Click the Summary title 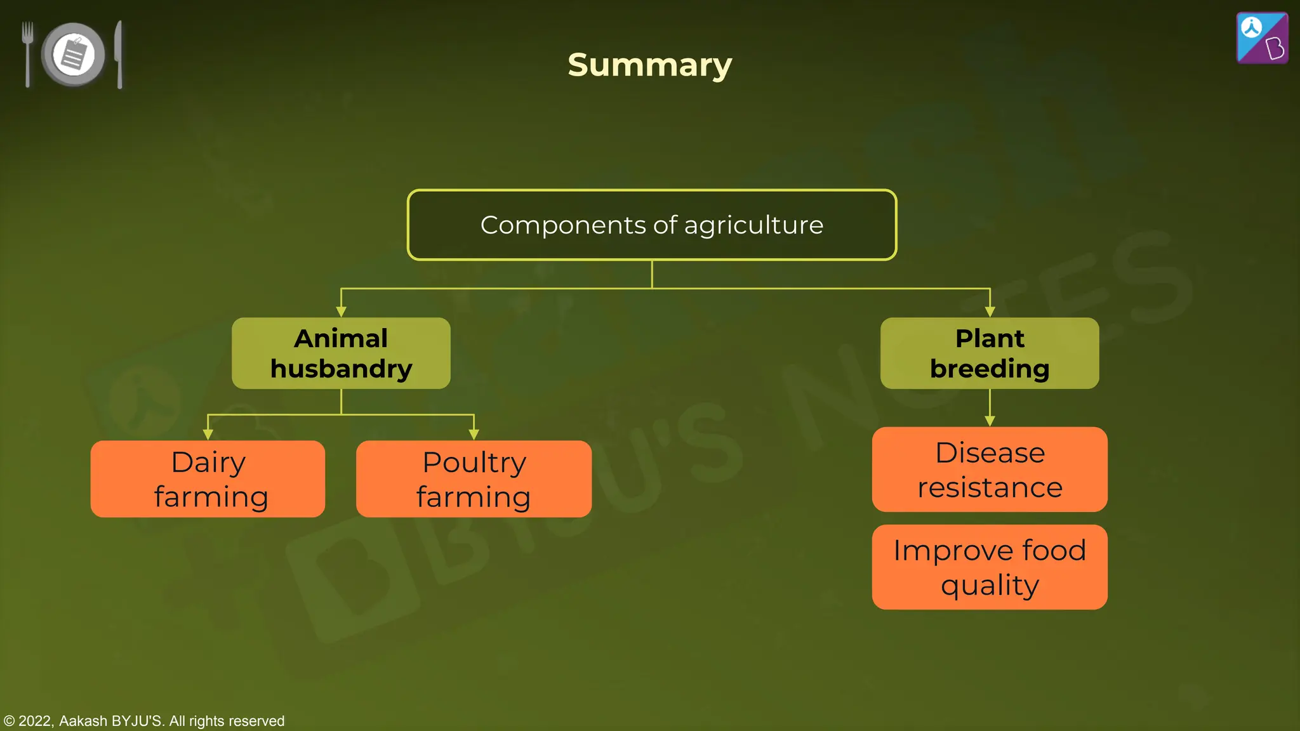649,65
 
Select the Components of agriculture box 651,225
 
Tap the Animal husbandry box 341,353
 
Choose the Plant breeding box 989,353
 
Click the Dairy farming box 208,479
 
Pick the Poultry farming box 474,479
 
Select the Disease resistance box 989,470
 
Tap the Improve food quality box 989,567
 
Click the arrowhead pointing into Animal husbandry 341,312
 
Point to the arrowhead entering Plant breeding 990,312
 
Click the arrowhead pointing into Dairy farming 208,435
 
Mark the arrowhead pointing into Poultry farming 474,435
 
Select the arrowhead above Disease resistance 990,421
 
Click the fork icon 27,53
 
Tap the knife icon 119,55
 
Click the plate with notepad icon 74,55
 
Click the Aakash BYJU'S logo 1262,38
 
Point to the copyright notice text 144,721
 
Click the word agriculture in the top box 753,226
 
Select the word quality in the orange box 990,585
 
